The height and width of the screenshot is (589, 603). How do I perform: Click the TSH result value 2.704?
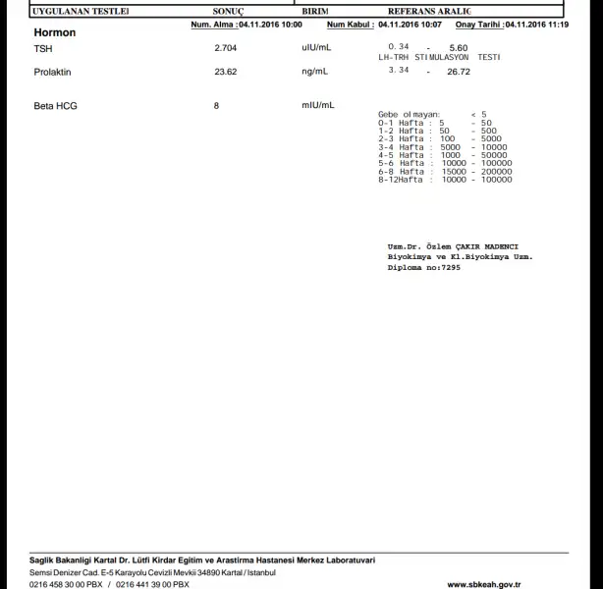point(225,47)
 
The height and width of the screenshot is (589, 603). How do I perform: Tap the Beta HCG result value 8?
point(216,105)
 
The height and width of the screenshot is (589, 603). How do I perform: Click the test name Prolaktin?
point(52,72)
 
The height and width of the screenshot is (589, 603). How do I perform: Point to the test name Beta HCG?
point(54,105)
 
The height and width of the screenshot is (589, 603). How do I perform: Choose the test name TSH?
point(42,47)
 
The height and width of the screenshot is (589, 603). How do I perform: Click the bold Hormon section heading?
point(54,32)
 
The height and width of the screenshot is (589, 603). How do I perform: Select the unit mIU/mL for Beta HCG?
point(318,105)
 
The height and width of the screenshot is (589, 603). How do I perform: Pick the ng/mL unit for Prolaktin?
point(315,72)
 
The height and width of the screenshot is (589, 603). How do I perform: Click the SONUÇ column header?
point(228,10)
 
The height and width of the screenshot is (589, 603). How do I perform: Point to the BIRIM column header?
point(314,10)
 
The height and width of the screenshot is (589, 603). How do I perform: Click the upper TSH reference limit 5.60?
point(458,47)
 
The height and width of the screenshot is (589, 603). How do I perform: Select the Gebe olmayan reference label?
point(410,114)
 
